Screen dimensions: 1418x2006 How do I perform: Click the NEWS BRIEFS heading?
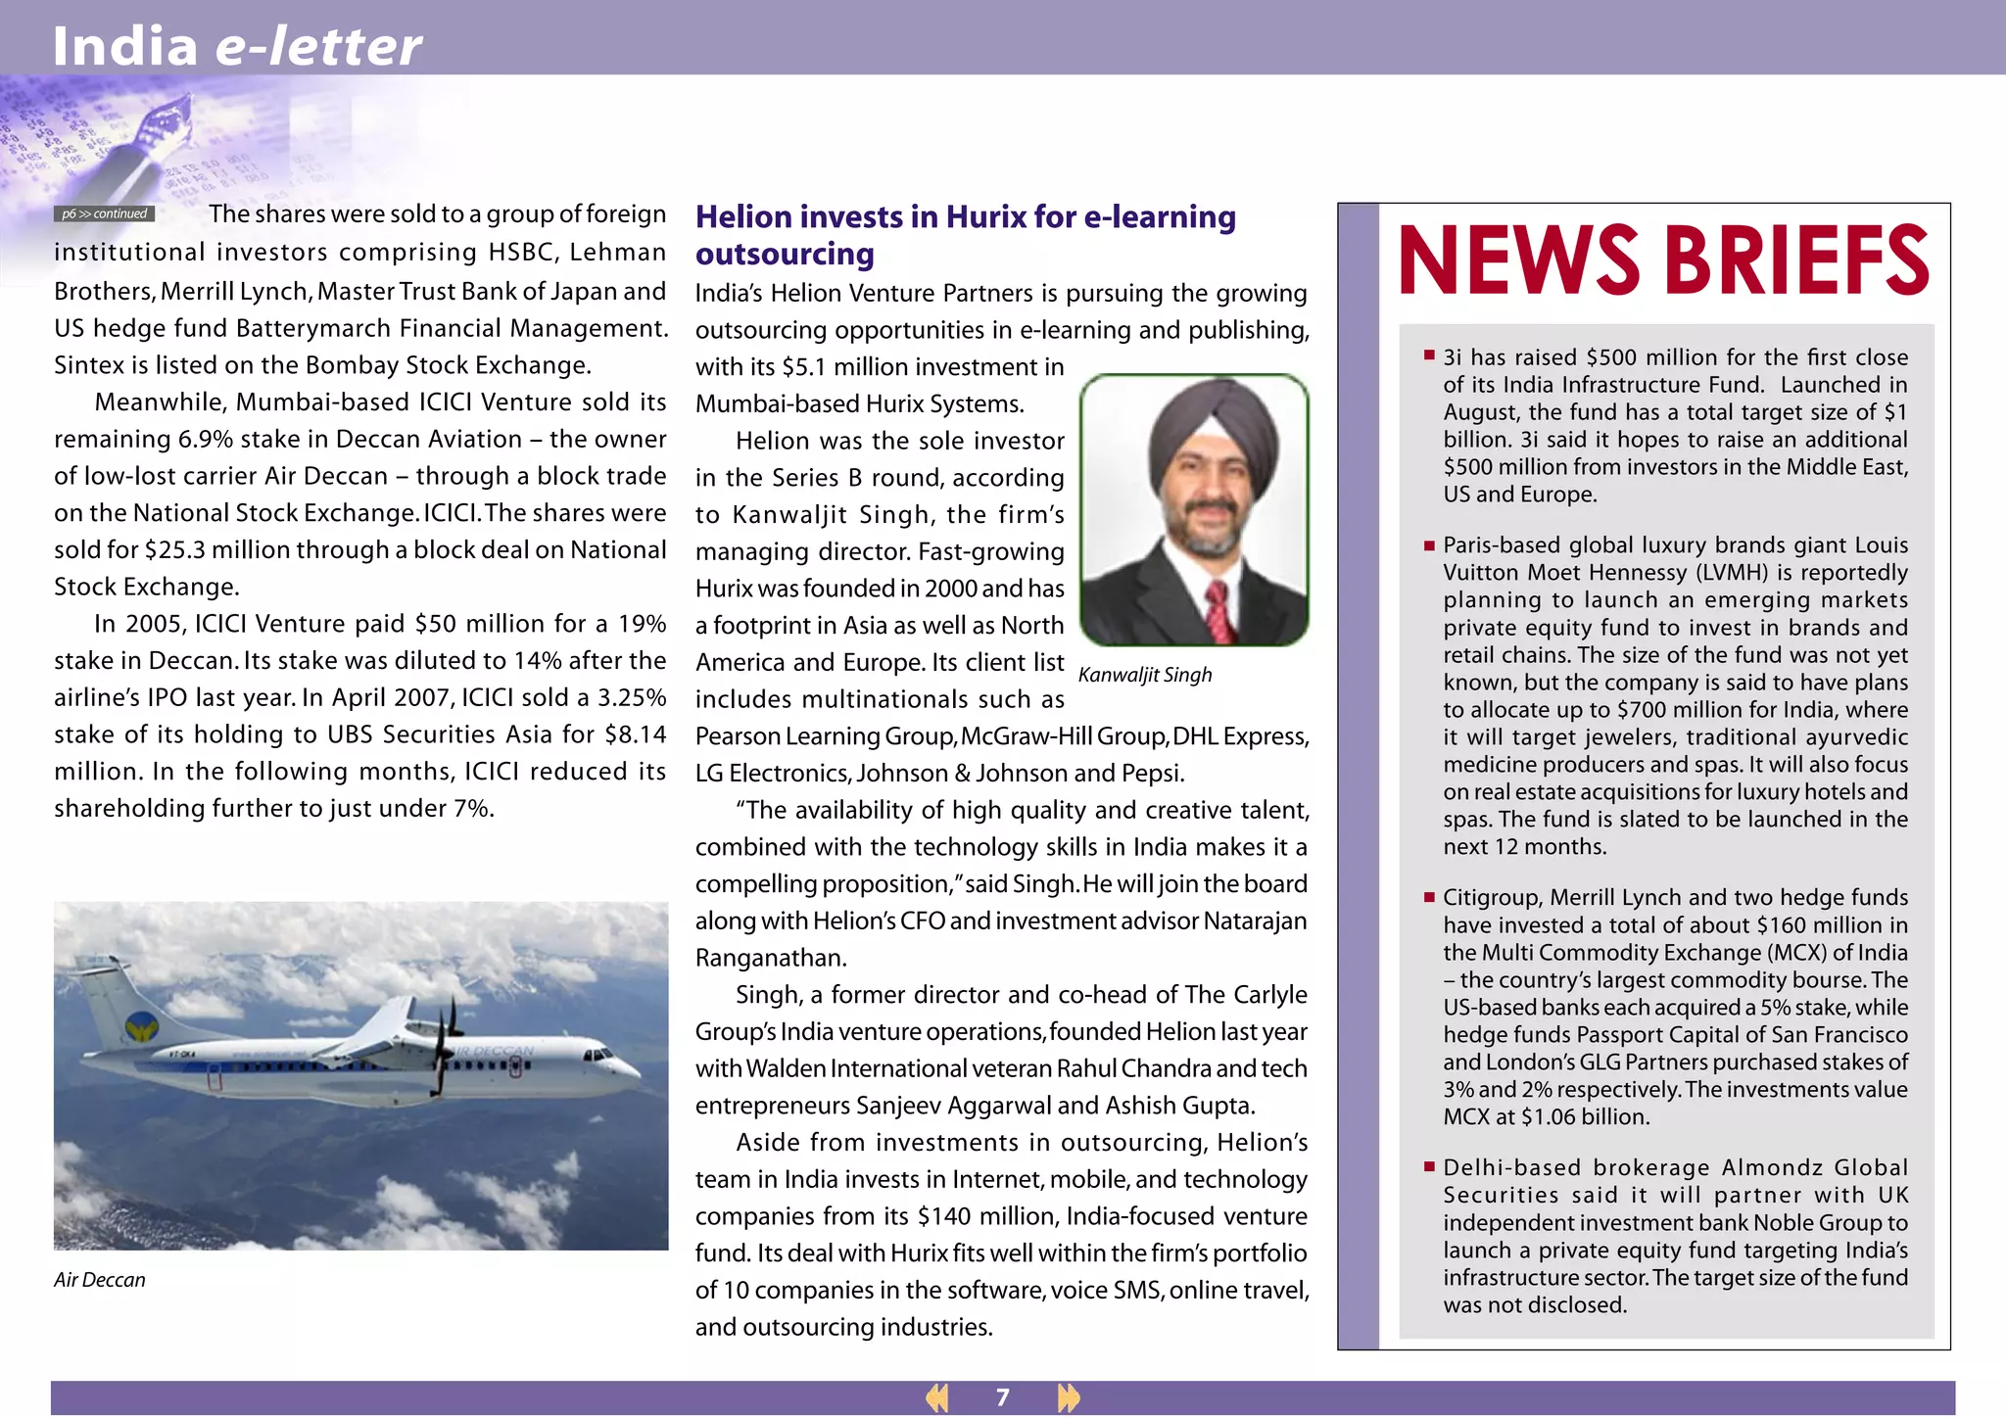(1663, 260)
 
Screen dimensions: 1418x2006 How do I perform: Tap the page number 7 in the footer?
(1002, 1397)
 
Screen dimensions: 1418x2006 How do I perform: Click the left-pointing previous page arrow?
(937, 1397)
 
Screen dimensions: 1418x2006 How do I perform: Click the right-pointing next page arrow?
(1068, 1397)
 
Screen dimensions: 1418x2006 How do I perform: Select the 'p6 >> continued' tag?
(104, 213)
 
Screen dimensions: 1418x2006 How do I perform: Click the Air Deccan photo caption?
(99, 1280)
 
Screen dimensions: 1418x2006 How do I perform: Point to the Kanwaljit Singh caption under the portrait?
(1144, 675)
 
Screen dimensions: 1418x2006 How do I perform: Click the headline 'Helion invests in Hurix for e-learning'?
(965, 216)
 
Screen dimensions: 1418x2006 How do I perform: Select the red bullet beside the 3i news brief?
(1429, 355)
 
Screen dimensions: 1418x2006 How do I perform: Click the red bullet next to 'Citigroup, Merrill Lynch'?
(1429, 896)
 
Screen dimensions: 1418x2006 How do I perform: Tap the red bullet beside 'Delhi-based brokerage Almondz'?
(1429, 1166)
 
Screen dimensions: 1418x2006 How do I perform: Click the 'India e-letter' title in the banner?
(236, 45)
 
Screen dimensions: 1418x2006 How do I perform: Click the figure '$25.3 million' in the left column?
(218, 549)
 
